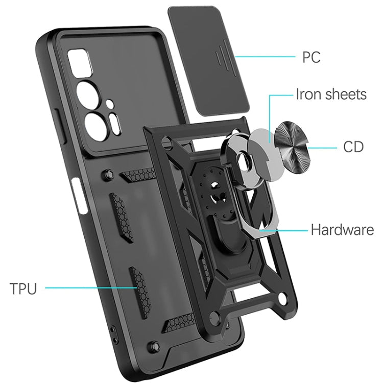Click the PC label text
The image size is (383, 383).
(311, 57)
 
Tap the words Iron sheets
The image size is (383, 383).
(331, 94)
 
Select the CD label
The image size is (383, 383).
(353, 148)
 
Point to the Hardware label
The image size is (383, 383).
(342, 230)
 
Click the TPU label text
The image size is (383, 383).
(23, 289)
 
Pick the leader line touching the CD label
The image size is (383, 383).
(324, 148)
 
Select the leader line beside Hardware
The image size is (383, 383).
(283, 230)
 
